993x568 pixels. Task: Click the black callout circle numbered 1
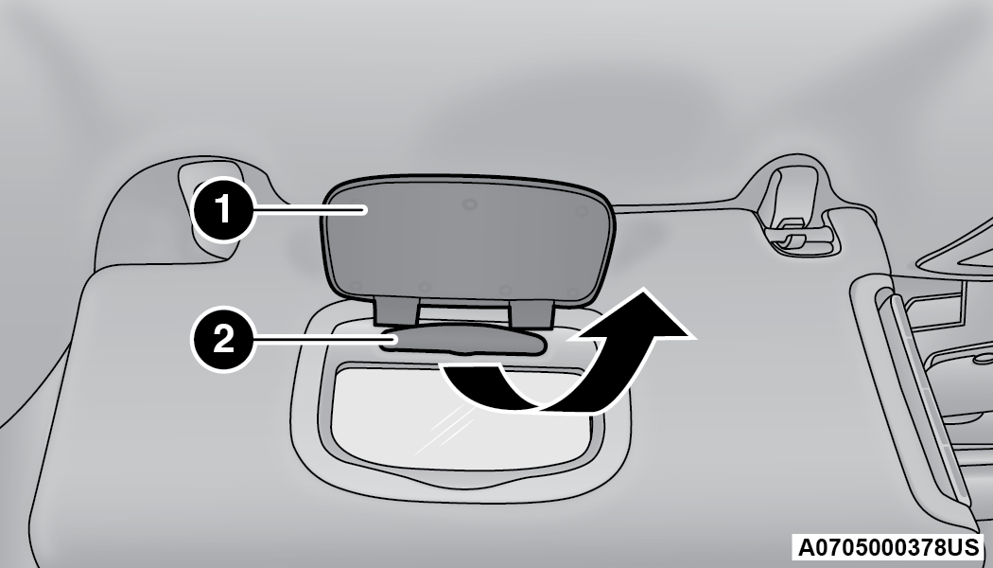pyautogui.click(x=223, y=209)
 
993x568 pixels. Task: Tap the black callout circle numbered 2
pyautogui.click(x=223, y=339)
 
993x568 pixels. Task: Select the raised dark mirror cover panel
pyautogui.click(x=469, y=240)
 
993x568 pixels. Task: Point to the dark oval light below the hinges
pyautogui.click(x=464, y=341)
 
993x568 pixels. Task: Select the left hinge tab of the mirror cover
pyautogui.click(x=396, y=311)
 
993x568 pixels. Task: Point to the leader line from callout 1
pyautogui.click(x=310, y=210)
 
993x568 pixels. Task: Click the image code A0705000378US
pyautogui.click(x=888, y=547)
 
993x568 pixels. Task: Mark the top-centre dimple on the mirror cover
pyautogui.click(x=469, y=204)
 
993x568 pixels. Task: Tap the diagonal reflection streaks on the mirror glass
pyautogui.click(x=444, y=429)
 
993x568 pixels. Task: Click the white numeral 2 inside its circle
pyautogui.click(x=223, y=339)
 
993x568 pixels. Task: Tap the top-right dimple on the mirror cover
pyautogui.click(x=580, y=211)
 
